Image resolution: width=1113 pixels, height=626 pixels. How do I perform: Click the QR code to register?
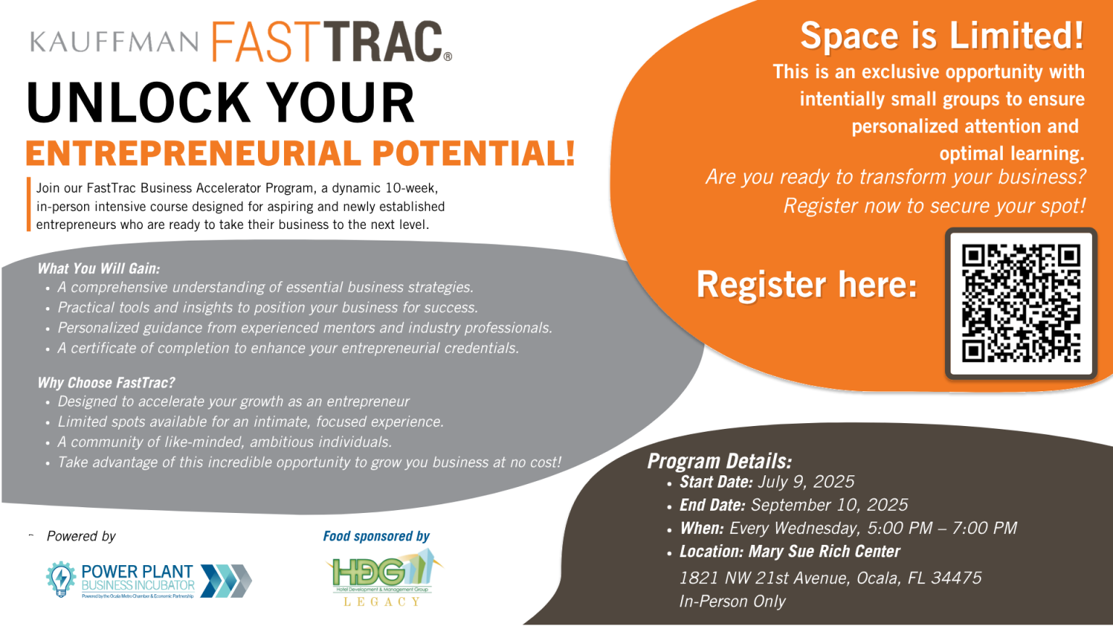click(x=1021, y=303)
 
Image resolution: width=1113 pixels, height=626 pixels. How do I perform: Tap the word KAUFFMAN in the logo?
click(x=114, y=41)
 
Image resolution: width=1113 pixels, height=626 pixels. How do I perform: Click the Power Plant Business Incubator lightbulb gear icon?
click(x=61, y=579)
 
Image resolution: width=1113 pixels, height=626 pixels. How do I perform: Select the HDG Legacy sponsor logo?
click(x=382, y=577)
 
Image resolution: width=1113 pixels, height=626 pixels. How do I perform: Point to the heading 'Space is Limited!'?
click(x=941, y=36)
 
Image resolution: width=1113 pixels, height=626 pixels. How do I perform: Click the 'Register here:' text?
click(x=806, y=285)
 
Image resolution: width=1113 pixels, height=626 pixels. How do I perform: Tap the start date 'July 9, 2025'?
click(x=806, y=482)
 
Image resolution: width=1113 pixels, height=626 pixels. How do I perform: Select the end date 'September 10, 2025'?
click(x=829, y=505)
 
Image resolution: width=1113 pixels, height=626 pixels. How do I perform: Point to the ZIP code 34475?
click(x=956, y=578)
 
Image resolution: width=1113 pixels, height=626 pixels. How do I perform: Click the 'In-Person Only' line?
click(x=732, y=601)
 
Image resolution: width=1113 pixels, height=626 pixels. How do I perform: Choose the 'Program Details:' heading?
click(x=720, y=462)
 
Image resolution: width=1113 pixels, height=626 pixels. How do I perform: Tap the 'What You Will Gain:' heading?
click(x=99, y=269)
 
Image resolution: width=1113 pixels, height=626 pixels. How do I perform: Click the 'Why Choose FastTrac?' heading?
click(x=107, y=383)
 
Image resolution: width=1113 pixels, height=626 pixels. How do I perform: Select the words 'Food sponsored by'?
click(x=376, y=536)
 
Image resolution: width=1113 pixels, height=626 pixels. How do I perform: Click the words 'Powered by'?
click(x=81, y=536)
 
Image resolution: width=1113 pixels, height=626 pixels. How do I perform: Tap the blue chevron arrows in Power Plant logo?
click(x=225, y=580)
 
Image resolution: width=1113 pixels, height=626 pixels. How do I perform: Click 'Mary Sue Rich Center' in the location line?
click(x=824, y=551)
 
